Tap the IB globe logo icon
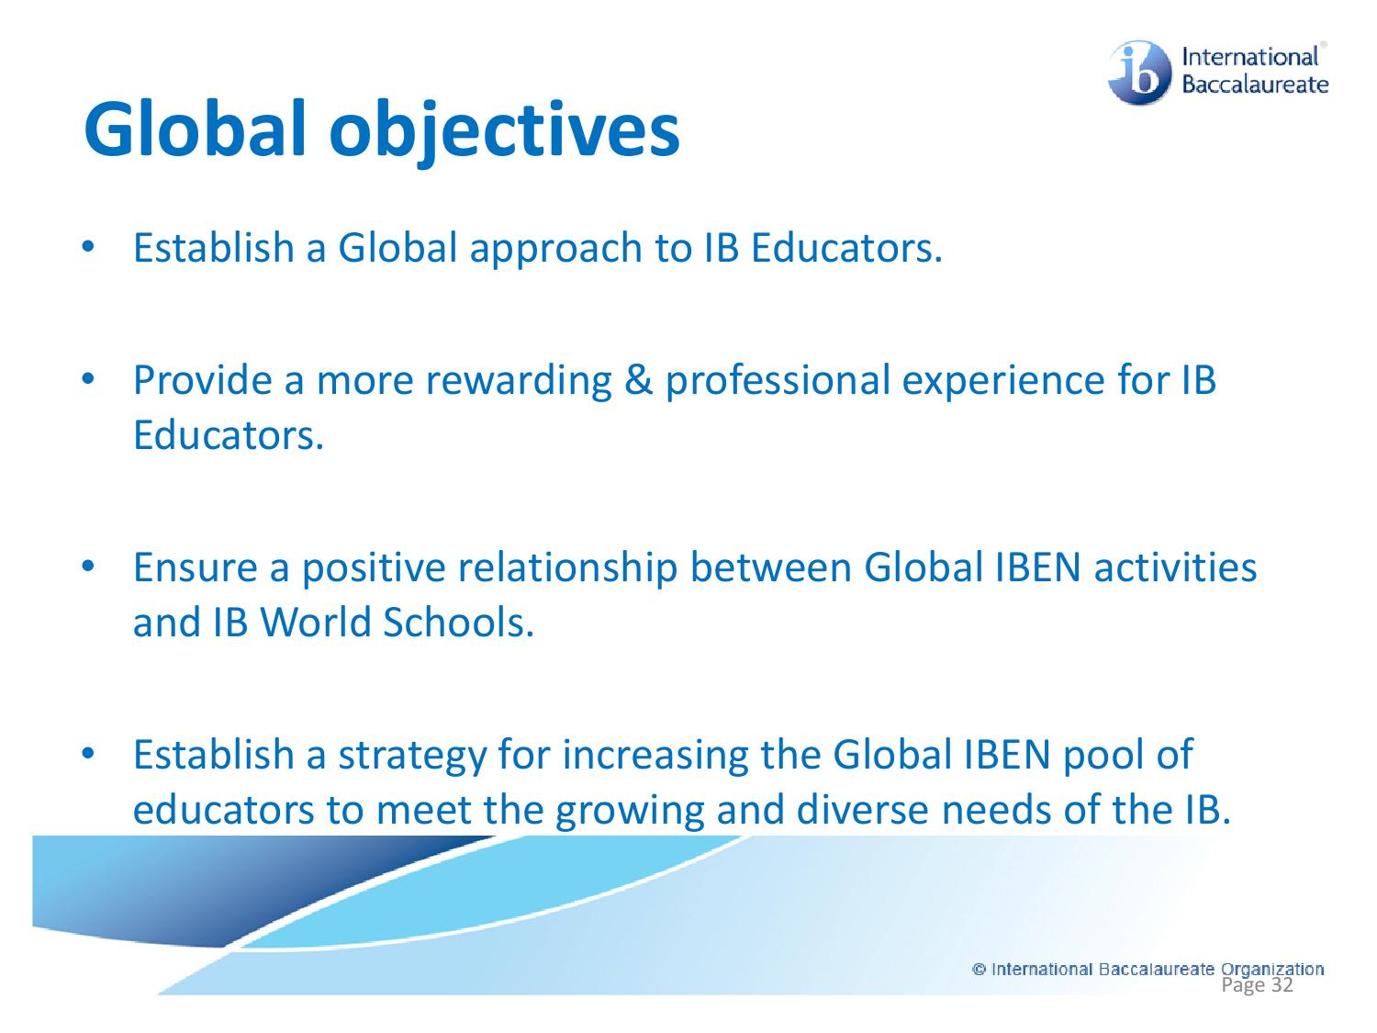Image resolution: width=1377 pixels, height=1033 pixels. point(1139,72)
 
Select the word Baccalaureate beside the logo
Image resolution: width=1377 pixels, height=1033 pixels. point(1255,85)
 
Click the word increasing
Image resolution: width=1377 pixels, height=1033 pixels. point(655,755)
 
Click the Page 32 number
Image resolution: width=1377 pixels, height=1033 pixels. point(1258,985)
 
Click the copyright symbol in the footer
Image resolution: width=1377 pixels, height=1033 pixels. point(980,969)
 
